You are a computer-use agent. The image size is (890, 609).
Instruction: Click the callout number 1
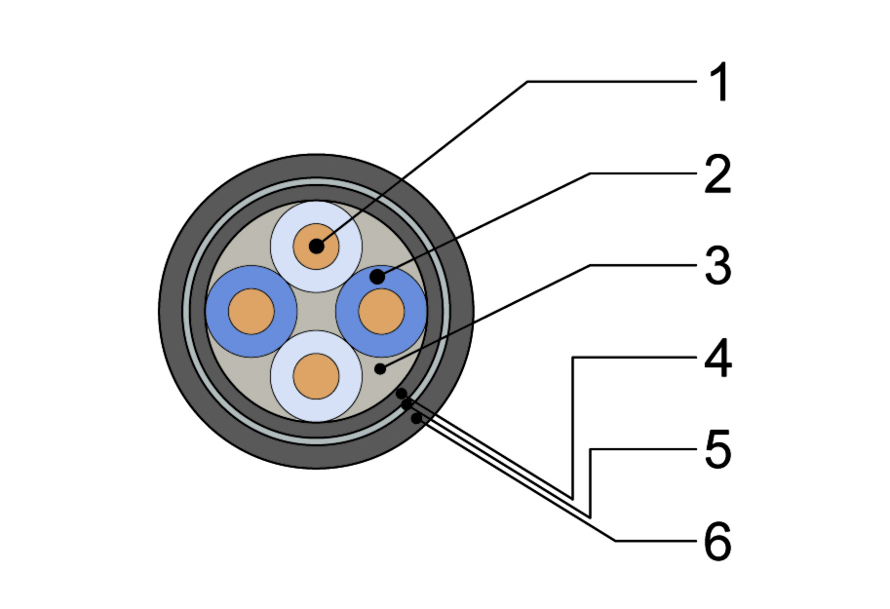pos(719,83)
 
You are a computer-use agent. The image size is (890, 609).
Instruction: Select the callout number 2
pos(717,174)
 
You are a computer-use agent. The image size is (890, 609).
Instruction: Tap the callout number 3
pos(718,266)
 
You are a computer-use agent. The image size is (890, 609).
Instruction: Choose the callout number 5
pos(718,449)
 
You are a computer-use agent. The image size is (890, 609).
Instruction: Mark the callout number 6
pos(718,542)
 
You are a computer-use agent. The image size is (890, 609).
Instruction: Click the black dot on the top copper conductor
pos(316,247)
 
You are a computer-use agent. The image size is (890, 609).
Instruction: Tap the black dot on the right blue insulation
pos(377,277)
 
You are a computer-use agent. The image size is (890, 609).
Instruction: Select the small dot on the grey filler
pos(380,369)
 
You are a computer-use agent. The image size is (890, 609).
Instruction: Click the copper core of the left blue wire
pos(251,311)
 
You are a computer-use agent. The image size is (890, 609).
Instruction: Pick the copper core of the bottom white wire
pos(316,376)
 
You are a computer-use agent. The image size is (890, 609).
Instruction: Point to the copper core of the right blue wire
pos(381,311)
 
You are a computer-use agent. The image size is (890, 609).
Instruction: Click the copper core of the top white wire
pos(316,247)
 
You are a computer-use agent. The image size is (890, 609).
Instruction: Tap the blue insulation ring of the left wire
pos(216,311)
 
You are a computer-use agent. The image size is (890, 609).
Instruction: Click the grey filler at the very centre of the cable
pos(316,311)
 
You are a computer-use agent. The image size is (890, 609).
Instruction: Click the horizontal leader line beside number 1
pos(612,82)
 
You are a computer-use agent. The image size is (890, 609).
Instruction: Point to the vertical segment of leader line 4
pos(572,428)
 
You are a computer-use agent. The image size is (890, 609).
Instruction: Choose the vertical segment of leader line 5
pos(591,483)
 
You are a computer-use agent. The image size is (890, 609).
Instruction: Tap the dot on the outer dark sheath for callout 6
pos(416,418)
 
